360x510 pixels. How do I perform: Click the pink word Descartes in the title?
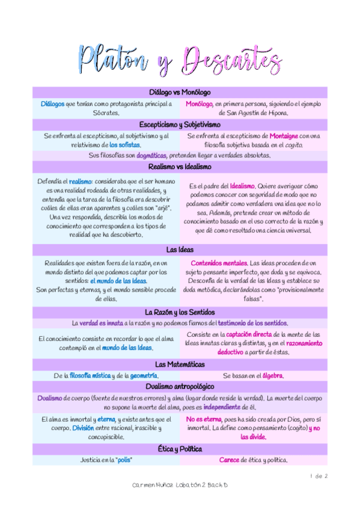click(x=231, y=60)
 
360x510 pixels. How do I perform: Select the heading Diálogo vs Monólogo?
click(x=180, y=92)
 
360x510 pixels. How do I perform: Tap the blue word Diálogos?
click(x=52, y=103)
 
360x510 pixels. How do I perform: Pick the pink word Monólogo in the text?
click(x=198, y=103)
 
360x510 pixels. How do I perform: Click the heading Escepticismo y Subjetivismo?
click(x=180, y=124)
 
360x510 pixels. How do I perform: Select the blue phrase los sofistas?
click(x=125, y=145)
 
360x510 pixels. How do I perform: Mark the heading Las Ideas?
click(x=180, y=249)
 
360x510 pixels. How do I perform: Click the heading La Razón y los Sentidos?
click(x=180, y=312)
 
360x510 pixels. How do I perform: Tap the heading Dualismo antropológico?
click(x=180, y=386)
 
